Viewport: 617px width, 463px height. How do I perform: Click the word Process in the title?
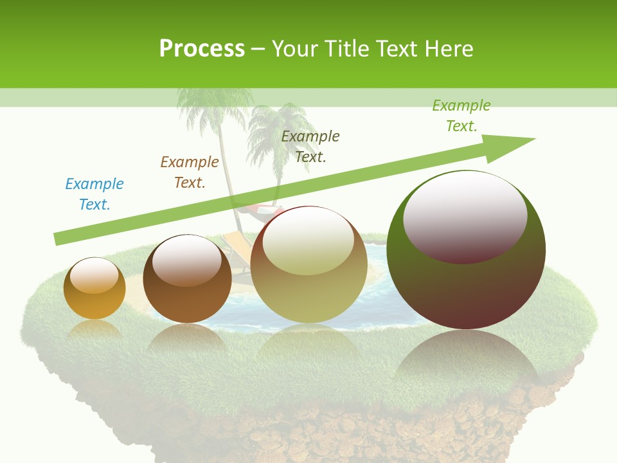202,48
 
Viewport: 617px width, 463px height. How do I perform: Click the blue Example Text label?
94,194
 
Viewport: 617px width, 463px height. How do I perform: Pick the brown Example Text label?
190,172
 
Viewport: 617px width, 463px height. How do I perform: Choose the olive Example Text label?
310,146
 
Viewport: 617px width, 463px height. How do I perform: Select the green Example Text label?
461,116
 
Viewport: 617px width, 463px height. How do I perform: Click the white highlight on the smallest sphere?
94,275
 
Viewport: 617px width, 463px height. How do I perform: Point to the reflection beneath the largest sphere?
466,360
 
